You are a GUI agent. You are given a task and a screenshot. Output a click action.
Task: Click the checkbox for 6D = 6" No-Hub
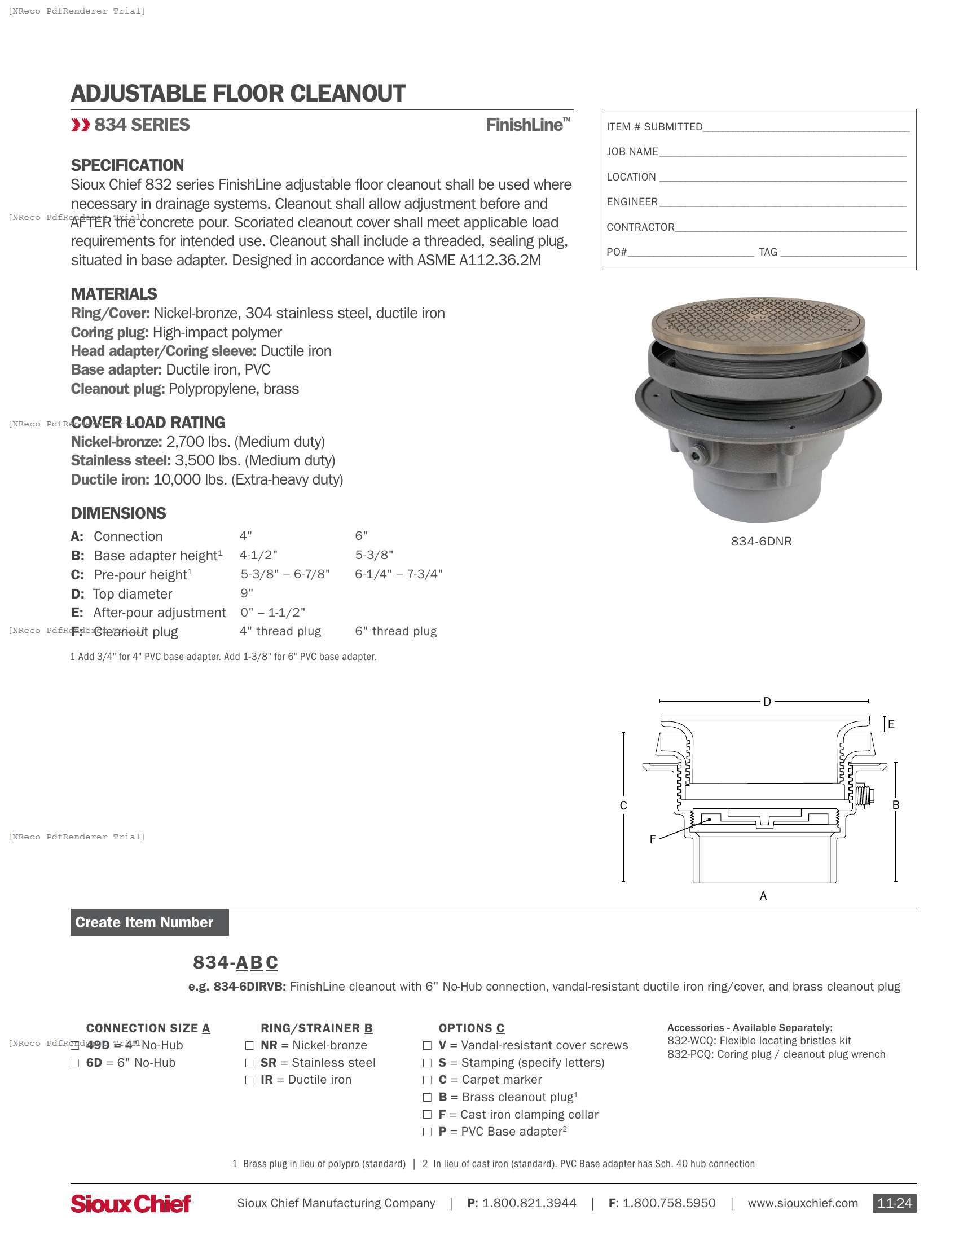[x=74, y=1063]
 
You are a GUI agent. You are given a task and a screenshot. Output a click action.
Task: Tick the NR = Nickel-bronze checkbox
[x=249, y=1046]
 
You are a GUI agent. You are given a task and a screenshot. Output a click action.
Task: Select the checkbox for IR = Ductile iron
[x=249, y=1080]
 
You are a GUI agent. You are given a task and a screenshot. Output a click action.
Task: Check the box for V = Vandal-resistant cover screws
[x=427, y=1046]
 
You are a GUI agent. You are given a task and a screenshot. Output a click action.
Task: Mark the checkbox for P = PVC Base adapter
[x=427, y=1133]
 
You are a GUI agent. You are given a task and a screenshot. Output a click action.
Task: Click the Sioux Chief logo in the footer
[x=130, y=1204]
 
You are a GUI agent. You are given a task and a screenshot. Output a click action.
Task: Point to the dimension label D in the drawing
[x=767, y=702]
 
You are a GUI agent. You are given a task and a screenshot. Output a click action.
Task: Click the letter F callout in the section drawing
[x=653, y=839]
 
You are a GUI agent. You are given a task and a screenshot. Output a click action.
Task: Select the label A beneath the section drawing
[x=763, y=896]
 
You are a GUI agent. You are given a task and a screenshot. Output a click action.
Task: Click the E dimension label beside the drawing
[x=891, y=724]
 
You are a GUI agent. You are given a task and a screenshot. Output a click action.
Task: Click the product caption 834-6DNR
[x=761, y=542]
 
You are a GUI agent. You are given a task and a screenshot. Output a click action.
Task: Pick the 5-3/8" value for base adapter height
[x=374, y=555]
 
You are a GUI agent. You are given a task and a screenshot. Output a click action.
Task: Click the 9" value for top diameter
[x=247, y=593]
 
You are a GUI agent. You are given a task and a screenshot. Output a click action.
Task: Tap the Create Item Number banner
[x=149, y=922]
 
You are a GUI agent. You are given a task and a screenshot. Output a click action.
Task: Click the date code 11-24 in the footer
[x=894, y=1204]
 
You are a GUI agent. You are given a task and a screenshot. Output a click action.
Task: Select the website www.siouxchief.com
[x=802, y=1204]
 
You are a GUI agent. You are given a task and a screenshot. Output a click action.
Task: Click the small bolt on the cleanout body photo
[x=696, y=455]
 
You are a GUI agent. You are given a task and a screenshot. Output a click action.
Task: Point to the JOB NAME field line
[x=782, y=152]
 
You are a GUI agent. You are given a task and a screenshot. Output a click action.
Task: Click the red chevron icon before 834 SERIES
[x=81, y=125]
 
